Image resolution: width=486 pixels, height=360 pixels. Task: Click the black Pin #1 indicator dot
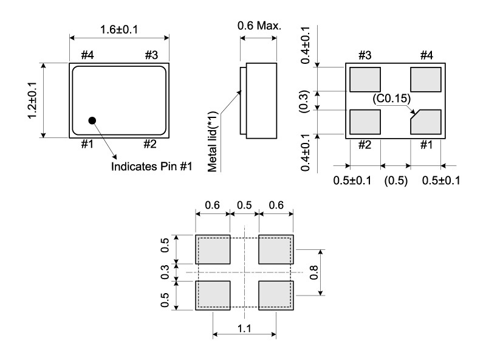tap(92, 120)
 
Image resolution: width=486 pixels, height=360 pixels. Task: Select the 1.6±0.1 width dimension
tap(120, 29)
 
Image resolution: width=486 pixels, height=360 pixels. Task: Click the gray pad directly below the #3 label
tap(365, 79)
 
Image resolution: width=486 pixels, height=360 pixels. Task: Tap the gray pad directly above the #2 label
tap(365, 121)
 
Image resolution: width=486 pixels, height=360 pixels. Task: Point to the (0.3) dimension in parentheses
tap(307, 100)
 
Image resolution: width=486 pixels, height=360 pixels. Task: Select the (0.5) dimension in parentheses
tap(395, 181)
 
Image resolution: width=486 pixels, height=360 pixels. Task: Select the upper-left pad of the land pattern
tap(213, 249)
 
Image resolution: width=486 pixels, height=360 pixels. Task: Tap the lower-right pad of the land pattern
tap(276, 295)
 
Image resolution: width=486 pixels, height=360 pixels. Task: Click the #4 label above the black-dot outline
tap(87, 55)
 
